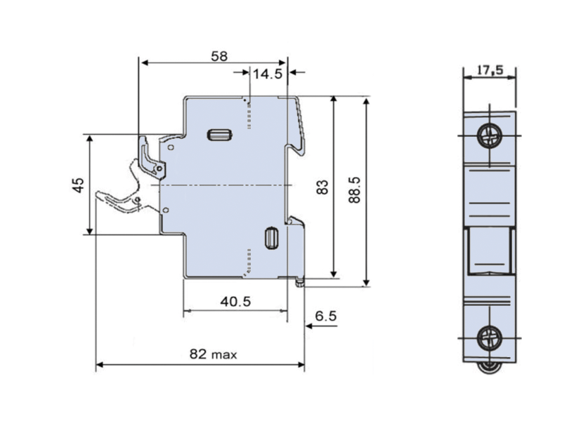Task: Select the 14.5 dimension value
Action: pos(268,72)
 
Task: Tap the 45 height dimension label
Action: pos(79,185)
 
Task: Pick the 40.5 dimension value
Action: pos(235,302)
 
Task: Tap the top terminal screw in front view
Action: pos(489,135)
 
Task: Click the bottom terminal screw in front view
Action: pos(489,338)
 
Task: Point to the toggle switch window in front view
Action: pos(490,251)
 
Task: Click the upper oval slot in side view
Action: pos(219,135)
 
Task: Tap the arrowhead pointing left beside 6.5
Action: pos(308,326)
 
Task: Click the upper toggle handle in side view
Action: pos(150,156)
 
